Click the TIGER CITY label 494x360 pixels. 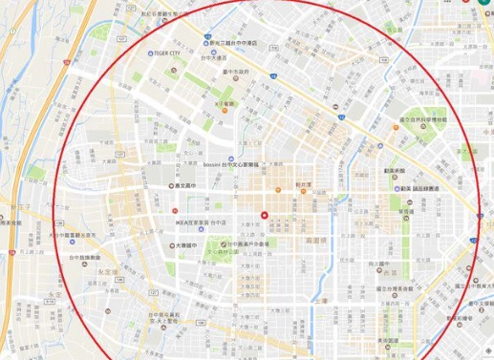pos(164,54)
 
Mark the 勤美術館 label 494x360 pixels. pos(397,172)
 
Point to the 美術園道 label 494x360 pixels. pos(387,341)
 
